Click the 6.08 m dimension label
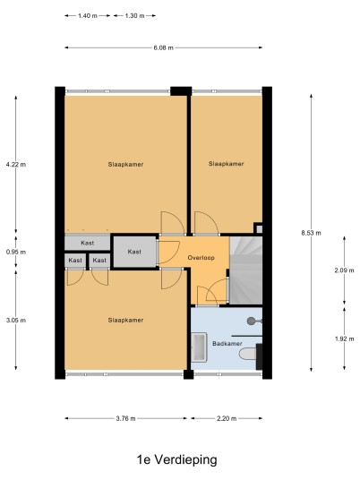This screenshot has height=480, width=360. pyautogui.click(x=164, y=47)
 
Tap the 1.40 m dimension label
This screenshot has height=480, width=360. pyautogui.click(x=88, y=15)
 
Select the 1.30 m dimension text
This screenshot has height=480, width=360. pyautogui.click(x=134, y=15)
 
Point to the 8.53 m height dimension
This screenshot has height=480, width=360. pyautogui.click(x=312, y=233)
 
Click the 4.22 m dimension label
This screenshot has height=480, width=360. pyautogui.click(x=16, y=165)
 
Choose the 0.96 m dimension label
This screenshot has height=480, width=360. pyautogui.click(x=16, y=252)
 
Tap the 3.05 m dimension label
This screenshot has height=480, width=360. pyautogui.click(x=16, y=321)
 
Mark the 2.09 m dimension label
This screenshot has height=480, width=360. pyautogui.click(x=345, y=270)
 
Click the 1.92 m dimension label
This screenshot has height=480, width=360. pyautogui.click(x=345, y=339)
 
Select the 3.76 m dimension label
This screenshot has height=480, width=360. pyautogui.click(x=125, y=418)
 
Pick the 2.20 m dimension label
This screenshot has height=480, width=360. pyautogui.click(x=227, y=418)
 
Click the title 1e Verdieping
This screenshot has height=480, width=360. pyautogui.click(x=177, y=459)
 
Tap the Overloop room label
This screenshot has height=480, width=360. pyautogui.click(x=201, y=258)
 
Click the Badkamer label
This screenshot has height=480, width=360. pyautogui.click(x=227, y=344)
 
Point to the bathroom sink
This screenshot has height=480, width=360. pyautogui.click(x=200, y=347)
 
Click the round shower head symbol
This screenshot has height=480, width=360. pyautogui.click(x=252, y=321)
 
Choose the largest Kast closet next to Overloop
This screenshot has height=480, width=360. pyautogui.click(x=134, y=252)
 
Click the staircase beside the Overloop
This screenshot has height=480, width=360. pyautogui.click(x=245, y=270)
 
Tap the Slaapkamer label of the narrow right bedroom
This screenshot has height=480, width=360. pyautogui.click(x=227, y=164)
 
